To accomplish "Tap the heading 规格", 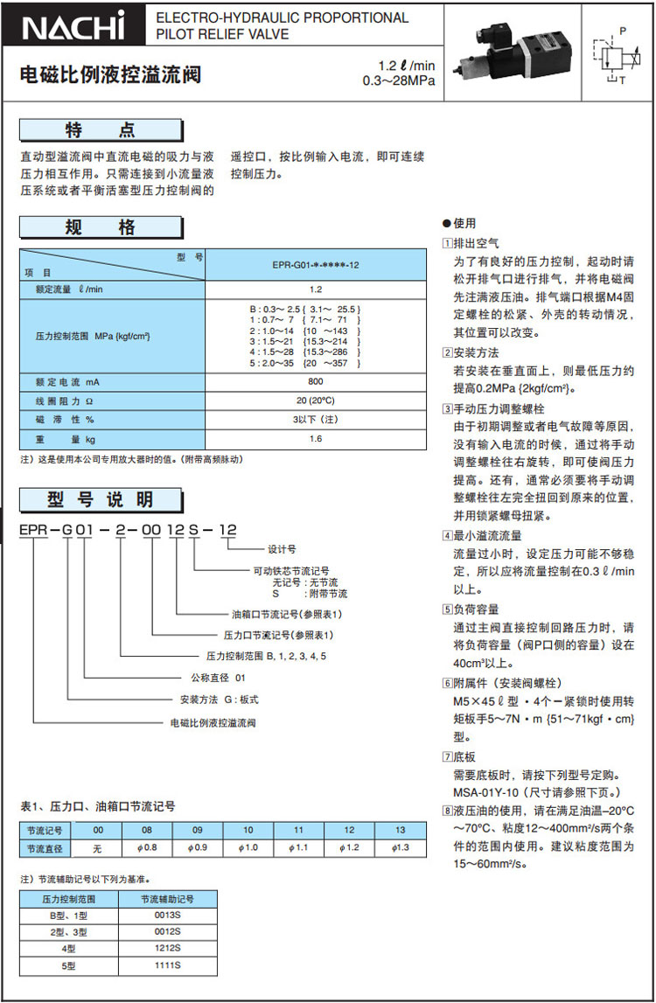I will click(x=101, y=228).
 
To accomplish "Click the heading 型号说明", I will click(x=101, y=499).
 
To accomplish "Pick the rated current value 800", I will click(x=316, y=381).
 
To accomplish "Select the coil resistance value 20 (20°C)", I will click(x=316, y=401).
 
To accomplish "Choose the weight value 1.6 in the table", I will click(x=316, y=438).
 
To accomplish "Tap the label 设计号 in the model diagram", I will click(x=282, y=549).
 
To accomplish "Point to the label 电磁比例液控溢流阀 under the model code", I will click(x=213, y=723).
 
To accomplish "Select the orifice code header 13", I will click(x=401, y=830).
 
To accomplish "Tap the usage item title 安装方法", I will click(x=477, y=352).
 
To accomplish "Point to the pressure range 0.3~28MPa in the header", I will click(x=398, y=82).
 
